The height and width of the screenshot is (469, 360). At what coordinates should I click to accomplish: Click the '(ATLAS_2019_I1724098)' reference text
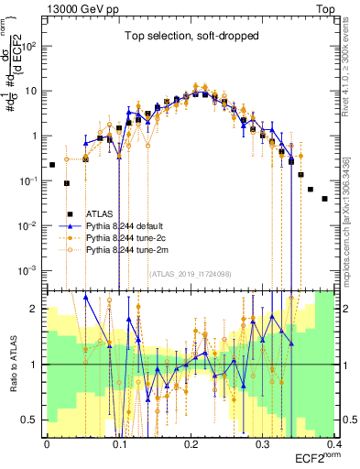coord(190,272)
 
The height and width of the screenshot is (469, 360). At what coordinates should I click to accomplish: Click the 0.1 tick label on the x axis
coord(119,444)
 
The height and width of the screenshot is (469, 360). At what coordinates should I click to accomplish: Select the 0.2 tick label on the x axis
coord(191,444)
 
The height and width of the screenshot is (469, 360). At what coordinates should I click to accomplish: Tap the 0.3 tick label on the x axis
coord(264,444)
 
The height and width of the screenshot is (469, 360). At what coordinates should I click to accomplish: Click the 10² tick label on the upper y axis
coord(31,45)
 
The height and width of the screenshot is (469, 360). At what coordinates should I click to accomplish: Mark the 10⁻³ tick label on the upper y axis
coord(31,270)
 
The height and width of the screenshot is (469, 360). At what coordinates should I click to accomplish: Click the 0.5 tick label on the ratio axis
coord(33,420)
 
